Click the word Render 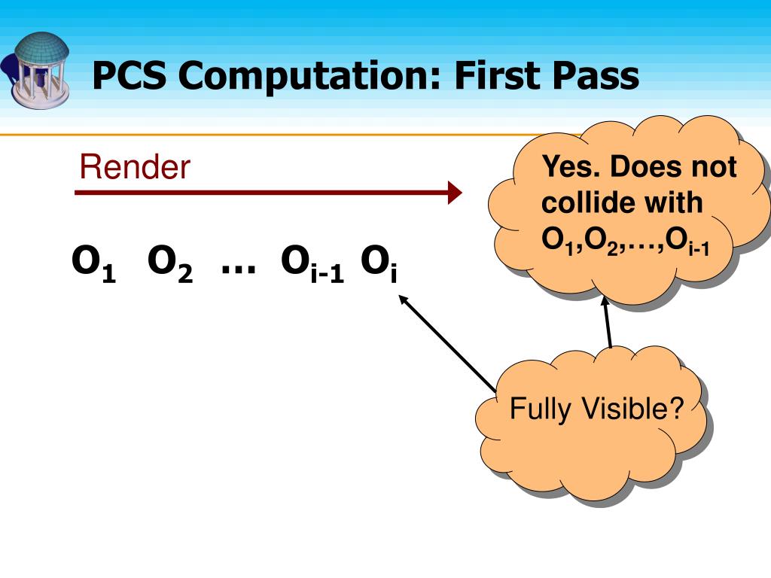point(135,167)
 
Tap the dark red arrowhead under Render point(454,193)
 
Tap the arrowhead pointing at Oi point(403,299)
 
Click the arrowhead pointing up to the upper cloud point(605,303)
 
